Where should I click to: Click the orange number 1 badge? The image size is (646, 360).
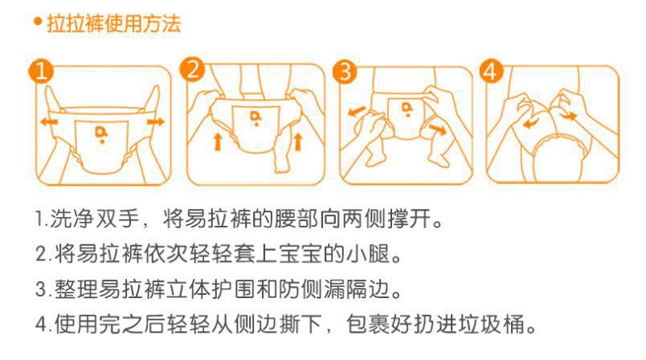[x=41, y=71]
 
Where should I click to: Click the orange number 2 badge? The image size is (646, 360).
[x=192, y=69]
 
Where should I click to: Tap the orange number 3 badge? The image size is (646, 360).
[x=345, y=72]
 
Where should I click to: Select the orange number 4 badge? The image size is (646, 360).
[x=491, y=71]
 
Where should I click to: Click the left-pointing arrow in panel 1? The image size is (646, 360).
[x=49, y=122]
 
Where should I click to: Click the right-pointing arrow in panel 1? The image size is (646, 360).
[x=156, y=121]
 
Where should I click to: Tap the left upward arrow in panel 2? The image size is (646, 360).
[x=218, y=141]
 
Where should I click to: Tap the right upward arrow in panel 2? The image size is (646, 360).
[x=298, y=141]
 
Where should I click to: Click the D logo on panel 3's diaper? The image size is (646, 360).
[x=407, y=108]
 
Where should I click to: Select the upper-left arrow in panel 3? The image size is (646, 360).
[x=357, y=111]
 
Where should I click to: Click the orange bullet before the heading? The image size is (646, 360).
[x=39, y=22]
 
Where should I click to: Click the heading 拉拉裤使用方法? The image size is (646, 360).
[x=114, y=23]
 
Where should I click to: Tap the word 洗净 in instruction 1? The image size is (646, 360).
[x=72, y=219]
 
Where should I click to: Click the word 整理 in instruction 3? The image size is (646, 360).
[x=76, y=288]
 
